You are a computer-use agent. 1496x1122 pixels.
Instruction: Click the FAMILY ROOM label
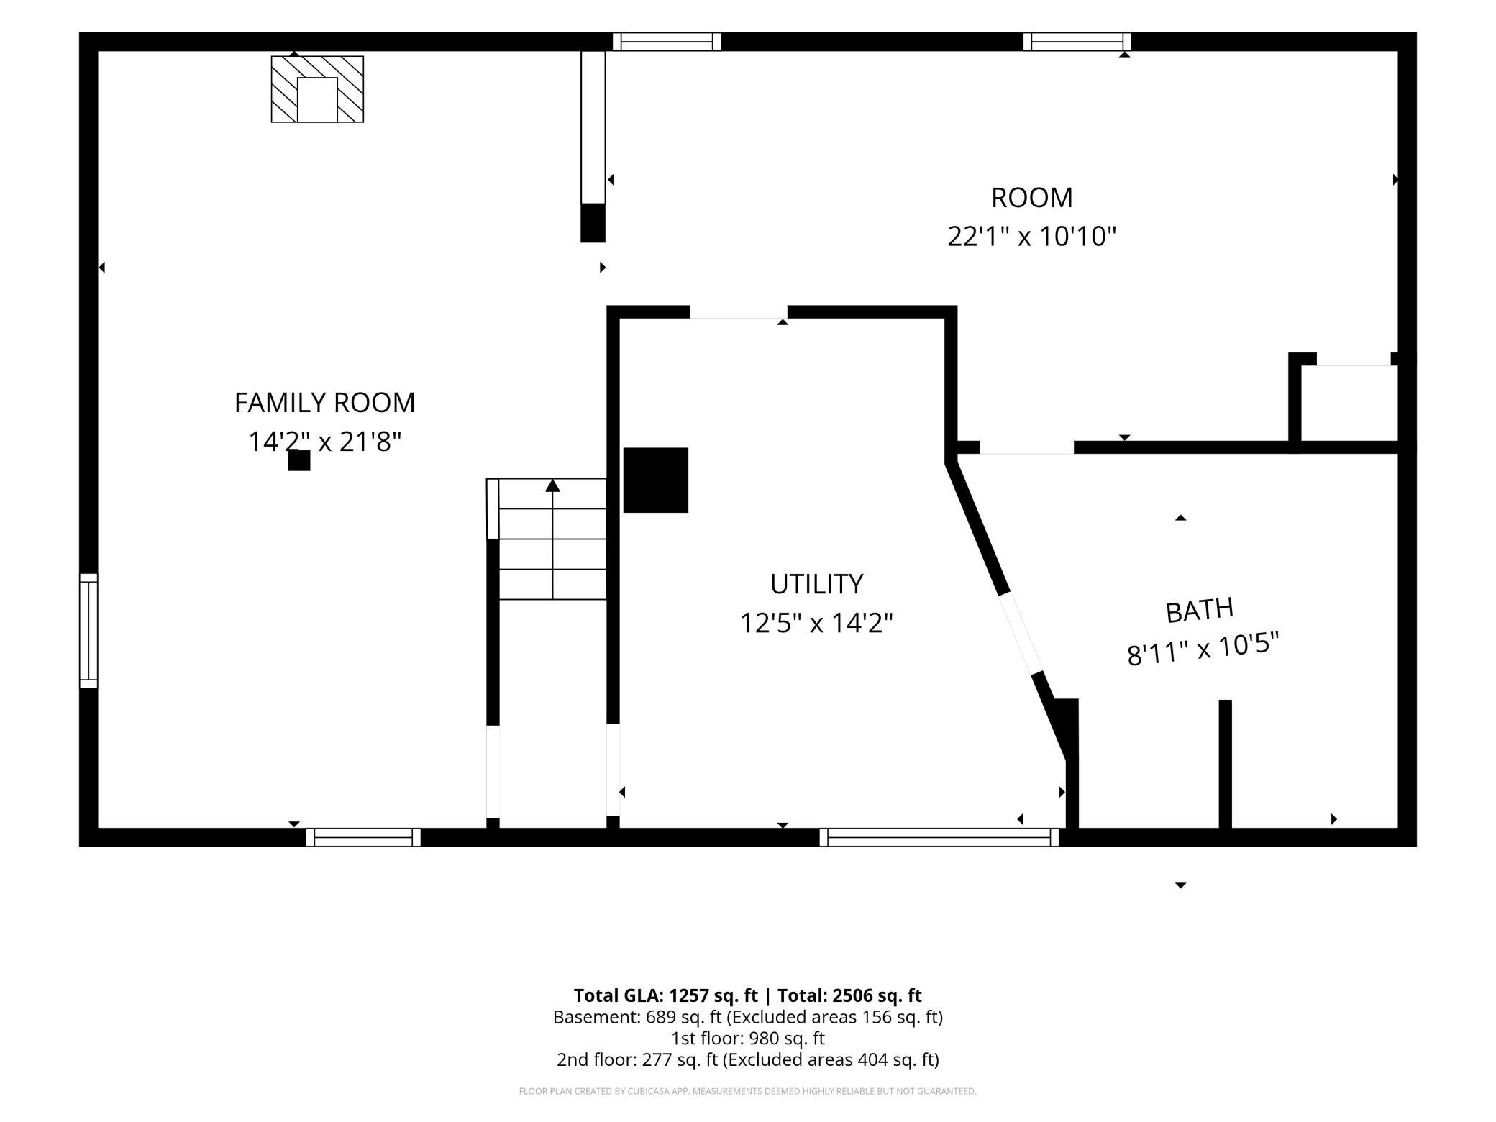(324, 402)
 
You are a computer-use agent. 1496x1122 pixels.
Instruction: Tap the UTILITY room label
(816, 584)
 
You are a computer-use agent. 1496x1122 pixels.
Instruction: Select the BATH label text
(1200, 611)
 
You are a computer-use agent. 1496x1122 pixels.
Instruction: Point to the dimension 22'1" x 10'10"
(1031, 236)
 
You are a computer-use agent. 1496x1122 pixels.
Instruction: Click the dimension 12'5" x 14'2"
(816, 623)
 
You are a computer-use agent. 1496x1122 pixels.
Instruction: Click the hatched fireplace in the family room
(317, 89)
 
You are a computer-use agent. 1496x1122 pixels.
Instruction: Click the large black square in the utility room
(655, 480)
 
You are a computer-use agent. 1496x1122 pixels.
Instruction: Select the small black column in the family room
(299, 460)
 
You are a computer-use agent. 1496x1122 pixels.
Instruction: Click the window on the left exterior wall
(88, 631)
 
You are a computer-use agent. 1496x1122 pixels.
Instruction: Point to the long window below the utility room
(939, 837)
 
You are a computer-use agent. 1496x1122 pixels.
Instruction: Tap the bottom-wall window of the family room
(363, 837)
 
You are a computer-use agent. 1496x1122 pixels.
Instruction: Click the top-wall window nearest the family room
(667, 42)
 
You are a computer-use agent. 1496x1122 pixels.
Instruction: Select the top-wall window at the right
(1077, 42)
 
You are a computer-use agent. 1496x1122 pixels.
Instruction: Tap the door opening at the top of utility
(739, 312)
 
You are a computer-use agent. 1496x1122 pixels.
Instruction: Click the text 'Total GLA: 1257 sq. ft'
(665, 995)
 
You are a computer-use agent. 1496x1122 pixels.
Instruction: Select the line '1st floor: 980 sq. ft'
(748, 1039)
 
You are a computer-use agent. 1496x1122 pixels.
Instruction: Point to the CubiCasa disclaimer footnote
(748, 1091)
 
